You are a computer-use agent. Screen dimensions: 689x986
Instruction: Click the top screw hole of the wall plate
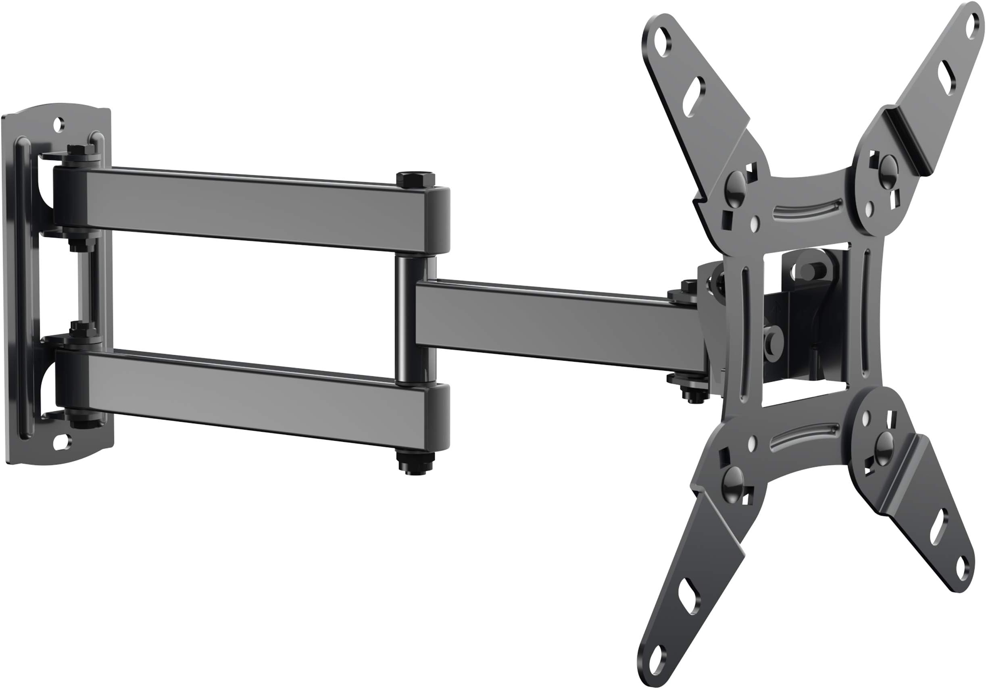pos(59,125)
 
